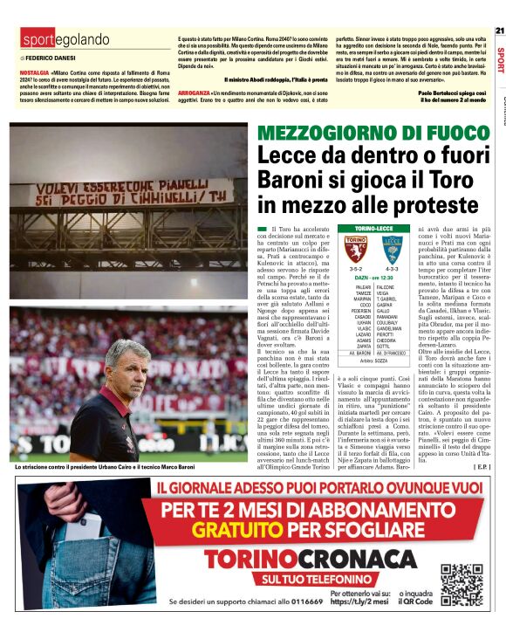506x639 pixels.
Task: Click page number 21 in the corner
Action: (499, 31)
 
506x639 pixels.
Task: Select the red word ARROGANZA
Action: (193, 93)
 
